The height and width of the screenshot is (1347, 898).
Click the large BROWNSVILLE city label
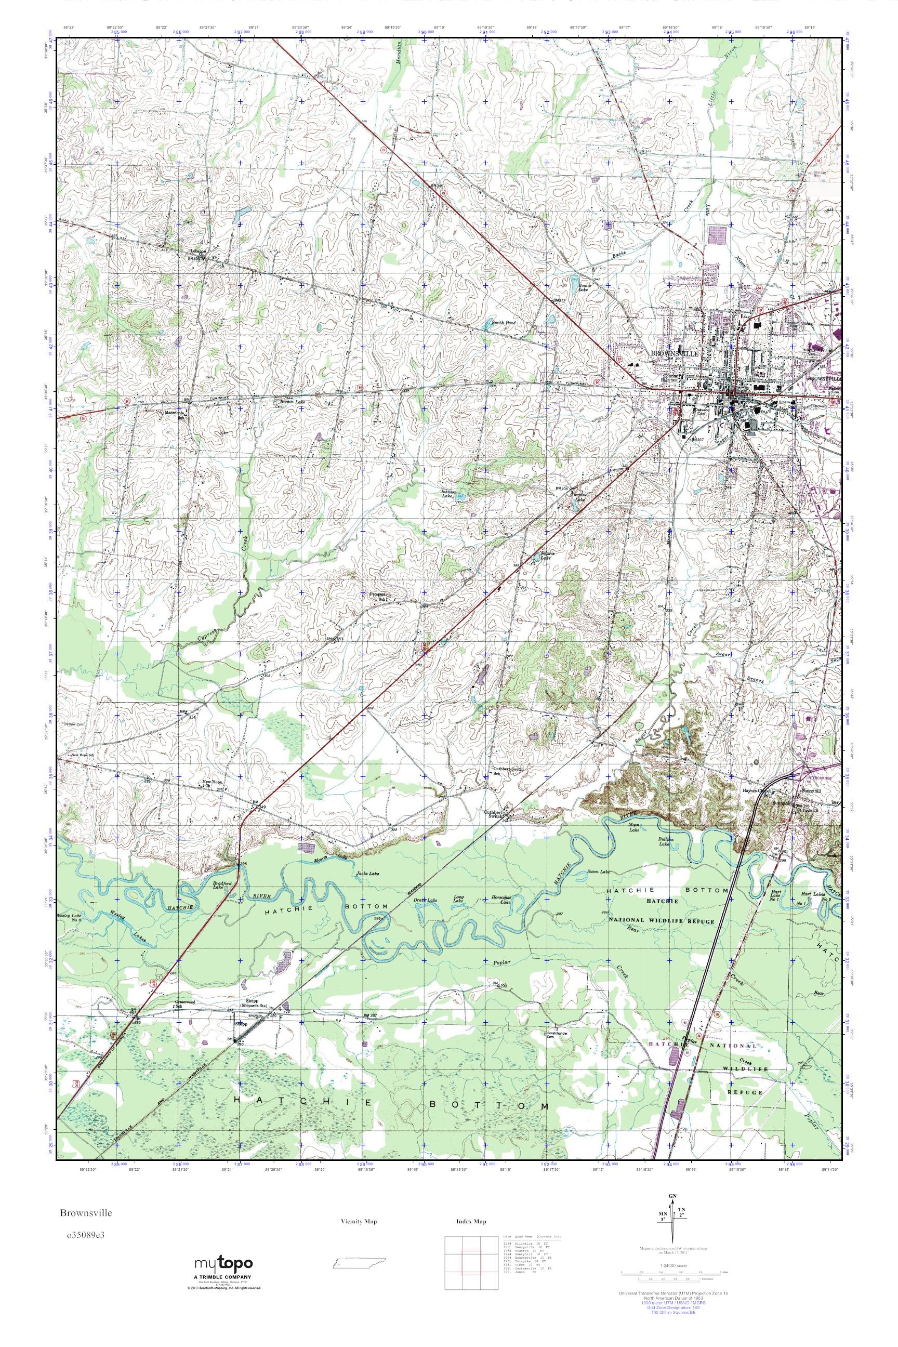tap(675, 354)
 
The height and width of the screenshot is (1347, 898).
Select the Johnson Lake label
tap(448, 494)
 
